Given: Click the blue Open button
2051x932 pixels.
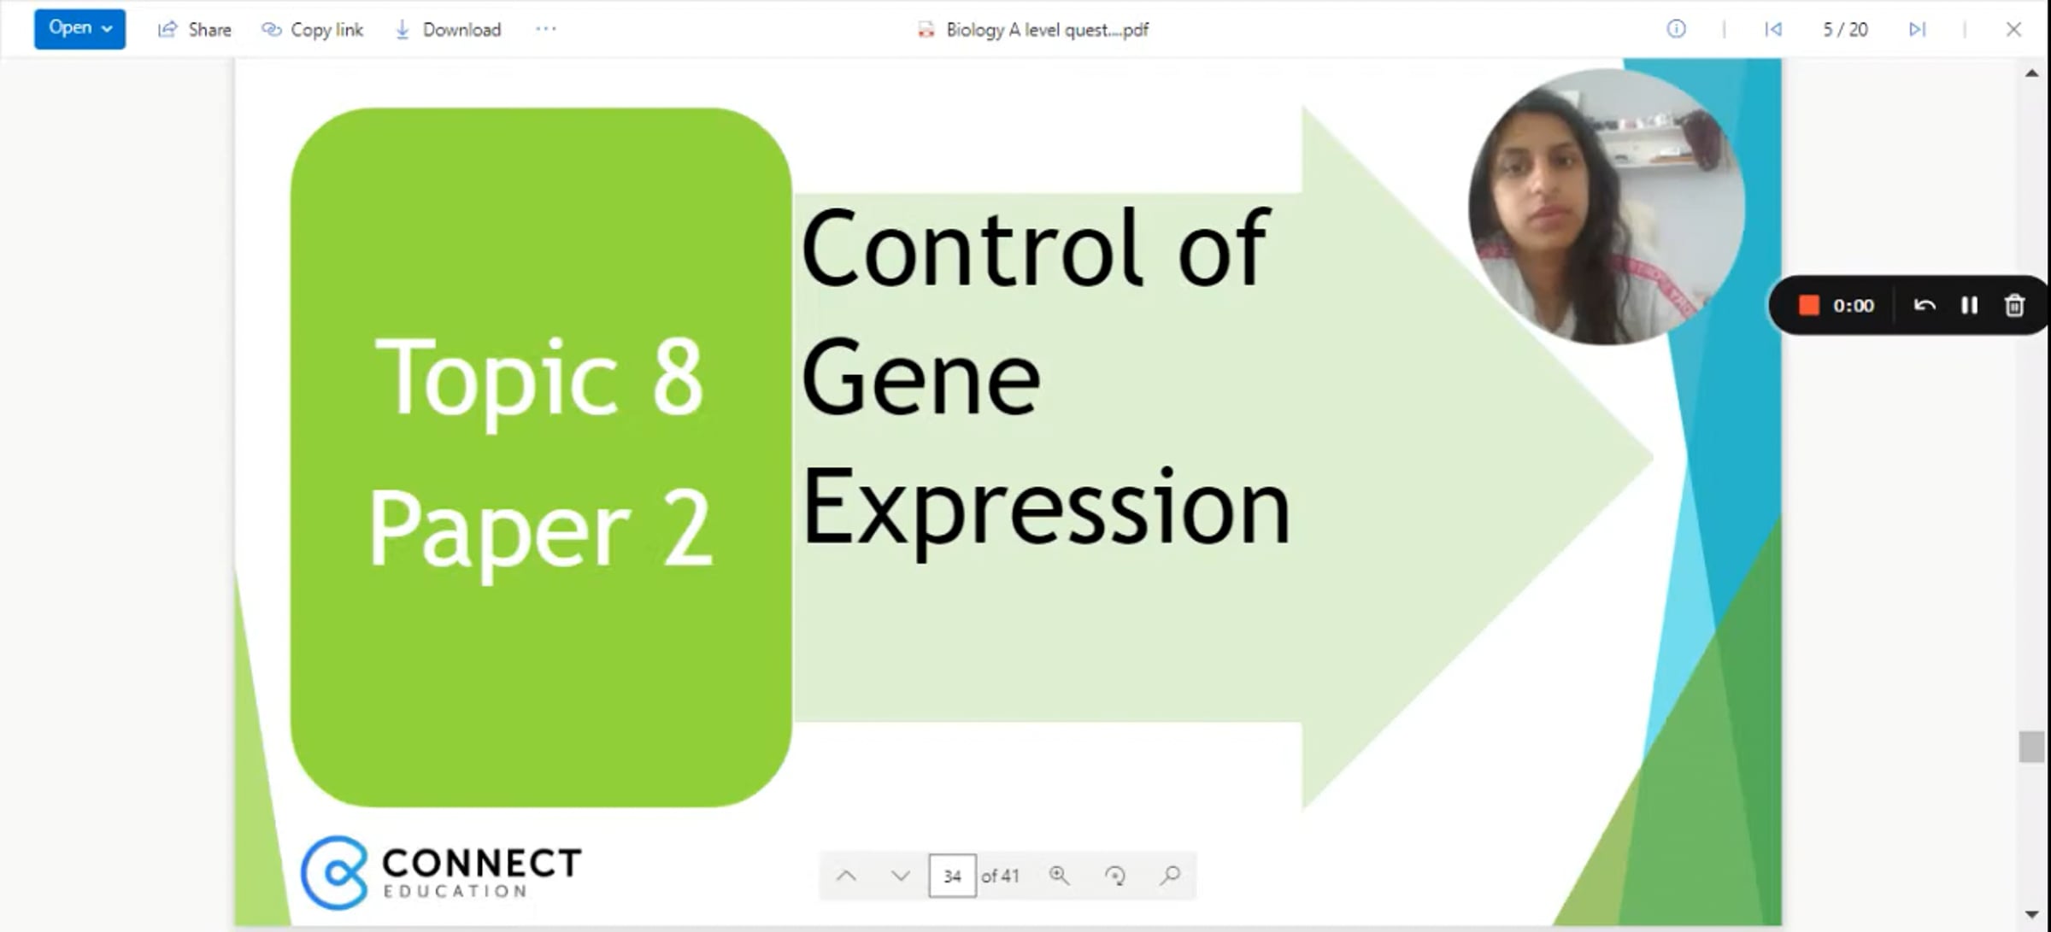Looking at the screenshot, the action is (x=79, y=28).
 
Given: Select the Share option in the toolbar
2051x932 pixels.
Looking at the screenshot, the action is (x=195, y=30).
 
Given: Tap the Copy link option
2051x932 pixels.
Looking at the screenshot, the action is (x=312, y=30).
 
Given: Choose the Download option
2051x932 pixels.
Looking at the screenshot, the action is (x=448, y=30).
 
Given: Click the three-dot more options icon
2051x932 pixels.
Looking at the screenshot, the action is (x=546, y=29).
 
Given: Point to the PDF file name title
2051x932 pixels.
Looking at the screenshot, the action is (x=1047, y=30).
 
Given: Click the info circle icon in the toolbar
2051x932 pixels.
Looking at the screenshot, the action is (x=1676, y=29).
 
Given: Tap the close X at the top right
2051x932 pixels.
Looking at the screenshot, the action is (x=2013, y=29).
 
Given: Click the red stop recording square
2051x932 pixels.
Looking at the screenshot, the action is (x=1808, y=305).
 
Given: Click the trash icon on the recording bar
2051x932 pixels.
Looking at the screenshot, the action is (x=2014, y=305).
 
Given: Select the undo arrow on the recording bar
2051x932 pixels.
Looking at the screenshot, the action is (x=1925, y=305).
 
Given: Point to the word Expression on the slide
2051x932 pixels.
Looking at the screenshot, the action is (x=1046, y=507).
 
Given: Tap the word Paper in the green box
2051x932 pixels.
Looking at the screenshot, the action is (x=500, y=529).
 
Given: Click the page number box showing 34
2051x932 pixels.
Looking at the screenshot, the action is (x=952, y=876).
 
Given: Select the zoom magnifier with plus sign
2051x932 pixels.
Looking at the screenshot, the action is (x=1059, y=876).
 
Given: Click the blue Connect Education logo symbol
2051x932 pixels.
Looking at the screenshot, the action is (x=334, y=872).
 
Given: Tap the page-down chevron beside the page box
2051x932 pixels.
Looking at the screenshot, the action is (x=900, y=876).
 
